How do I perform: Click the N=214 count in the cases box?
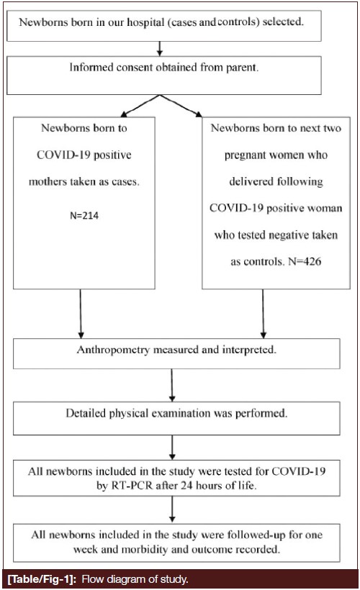tap(84, 216)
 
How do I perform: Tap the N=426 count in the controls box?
tap(305, 261)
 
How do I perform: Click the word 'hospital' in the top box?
tap(145, 22)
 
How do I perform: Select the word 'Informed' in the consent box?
tap(91, 68)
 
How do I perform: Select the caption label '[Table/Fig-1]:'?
tap(42, 578)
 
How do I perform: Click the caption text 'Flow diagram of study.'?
tap(135, 578)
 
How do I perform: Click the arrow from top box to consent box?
tap(160, 48)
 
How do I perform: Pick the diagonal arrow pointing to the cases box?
tap(140, 106)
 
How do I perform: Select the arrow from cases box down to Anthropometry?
tap(81, 314)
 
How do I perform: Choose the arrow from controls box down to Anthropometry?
tap(264, 314)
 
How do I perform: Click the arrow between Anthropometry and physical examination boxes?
tap(171, 385)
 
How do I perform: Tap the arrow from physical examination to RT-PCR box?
tap(171, 448)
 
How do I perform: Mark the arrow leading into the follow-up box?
tap(171, 509)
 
